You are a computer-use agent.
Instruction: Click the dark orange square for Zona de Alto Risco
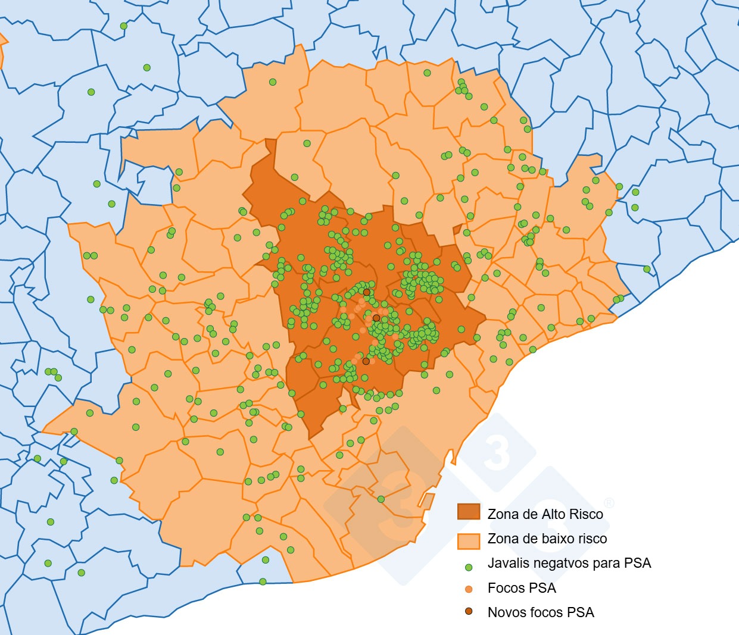pyautogui.click(x=468, y=512)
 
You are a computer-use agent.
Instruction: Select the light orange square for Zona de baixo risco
pyautogui.click(x=468, y=540)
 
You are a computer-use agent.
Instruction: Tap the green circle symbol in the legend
pyautogui.click(x=469, y=567)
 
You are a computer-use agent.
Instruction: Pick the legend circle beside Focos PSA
pyautogui.click(x=469, y=589)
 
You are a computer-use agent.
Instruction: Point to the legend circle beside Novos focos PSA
pyautogui.click(x=469, y=612)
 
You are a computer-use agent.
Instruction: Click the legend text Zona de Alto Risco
pyautogui.click(x=545, y=514)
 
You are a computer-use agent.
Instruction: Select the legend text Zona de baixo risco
pyautogui.click(x=547, y=539)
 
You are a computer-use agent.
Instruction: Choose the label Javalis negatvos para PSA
pyautogui.click(x=569, y=564)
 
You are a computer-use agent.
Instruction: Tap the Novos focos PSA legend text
pyautogui.click(x=540, y=612)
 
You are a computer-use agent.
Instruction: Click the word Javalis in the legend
pyautogui.click(x=507, y=564)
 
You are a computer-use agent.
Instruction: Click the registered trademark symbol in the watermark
pyautogui.click(x=609, y=503)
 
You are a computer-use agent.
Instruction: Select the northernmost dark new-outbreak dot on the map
pyautogui.click(x=367, y=292)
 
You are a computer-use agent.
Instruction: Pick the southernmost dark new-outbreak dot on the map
pyautogui.click(x=366, y=361)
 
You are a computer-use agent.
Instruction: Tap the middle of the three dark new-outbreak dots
pyautogui.click(x=376, y=318)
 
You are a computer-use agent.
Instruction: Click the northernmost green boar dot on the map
pyautogui.click(x=124, y=26)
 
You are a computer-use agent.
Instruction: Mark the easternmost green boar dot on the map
pyautogui.click(x=647, y=269)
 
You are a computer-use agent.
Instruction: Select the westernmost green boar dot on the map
pyautogui.click(x=38, y=458)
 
